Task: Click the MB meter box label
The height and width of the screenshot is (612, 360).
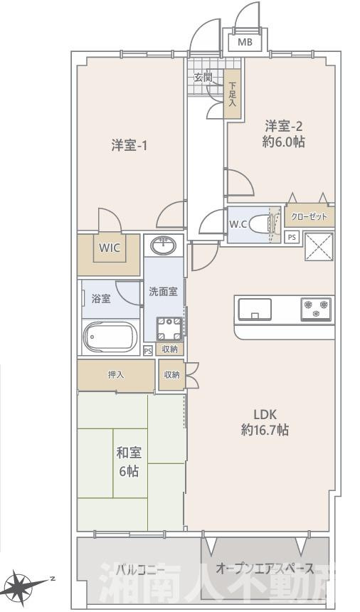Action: click(x=245, y=42)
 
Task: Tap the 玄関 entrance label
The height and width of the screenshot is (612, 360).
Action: click(x=203, y=78)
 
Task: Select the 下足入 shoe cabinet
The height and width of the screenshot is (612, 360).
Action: click(x=233, y=94)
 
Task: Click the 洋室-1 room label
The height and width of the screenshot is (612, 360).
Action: click(x=129, y=146)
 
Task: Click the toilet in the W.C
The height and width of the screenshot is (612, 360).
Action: click(x=259, y=225)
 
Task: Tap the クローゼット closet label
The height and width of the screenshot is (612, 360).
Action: click(x=309, y=217)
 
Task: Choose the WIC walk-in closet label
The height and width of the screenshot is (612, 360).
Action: click(x=109, y=248)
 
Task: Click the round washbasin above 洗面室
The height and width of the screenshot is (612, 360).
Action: click(x=164, y=246)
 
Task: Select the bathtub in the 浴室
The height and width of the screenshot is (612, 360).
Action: click(x=110, y=337)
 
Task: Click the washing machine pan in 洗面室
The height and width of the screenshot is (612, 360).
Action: click(x=169, y=329)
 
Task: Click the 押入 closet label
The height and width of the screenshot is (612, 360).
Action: click(x=116, y=375)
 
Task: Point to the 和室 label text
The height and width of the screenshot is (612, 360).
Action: click(x=129, y=453)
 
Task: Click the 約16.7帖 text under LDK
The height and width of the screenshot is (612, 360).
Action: click(x=265, y=430)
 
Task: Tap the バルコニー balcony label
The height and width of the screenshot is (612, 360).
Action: click(x=141, y=570)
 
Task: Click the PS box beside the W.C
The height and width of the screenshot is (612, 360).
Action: click(x=292, y=237)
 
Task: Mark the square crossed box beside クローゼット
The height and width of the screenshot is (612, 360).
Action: click(x=319, y=247)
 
